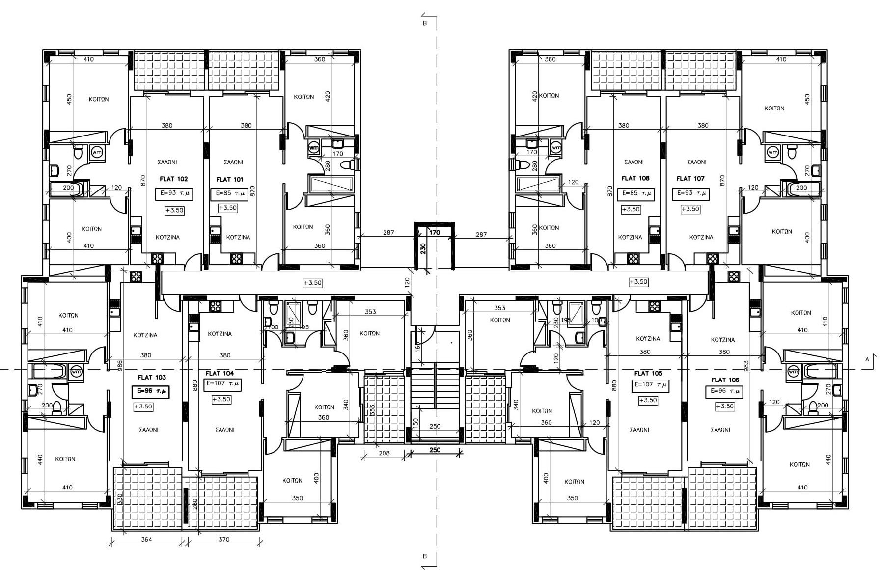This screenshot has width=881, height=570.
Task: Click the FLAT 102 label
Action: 173,179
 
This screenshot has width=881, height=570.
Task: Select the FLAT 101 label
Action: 229,180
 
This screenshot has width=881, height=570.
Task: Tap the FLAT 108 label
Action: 635,178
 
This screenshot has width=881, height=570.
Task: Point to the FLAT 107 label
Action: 690,179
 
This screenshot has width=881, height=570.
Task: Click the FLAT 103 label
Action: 152,378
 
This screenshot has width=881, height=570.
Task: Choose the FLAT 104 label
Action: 220,374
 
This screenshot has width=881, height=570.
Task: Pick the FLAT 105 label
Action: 648,374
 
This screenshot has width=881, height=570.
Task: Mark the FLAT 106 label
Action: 725,380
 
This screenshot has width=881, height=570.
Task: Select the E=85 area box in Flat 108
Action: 636,194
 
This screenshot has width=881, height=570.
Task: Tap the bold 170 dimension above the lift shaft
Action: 434,233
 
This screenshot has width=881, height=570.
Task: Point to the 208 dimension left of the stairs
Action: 384,453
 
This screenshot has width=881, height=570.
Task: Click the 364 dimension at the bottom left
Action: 146,539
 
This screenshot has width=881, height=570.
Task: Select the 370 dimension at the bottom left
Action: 223,539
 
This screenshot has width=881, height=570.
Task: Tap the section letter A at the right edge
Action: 867,359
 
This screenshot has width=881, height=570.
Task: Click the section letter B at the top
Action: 425,23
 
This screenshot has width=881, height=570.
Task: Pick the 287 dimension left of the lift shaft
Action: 388,233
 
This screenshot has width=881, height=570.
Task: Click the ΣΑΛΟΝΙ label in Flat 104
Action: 224,430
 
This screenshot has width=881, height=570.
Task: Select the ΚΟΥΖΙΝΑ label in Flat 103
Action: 145,335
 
